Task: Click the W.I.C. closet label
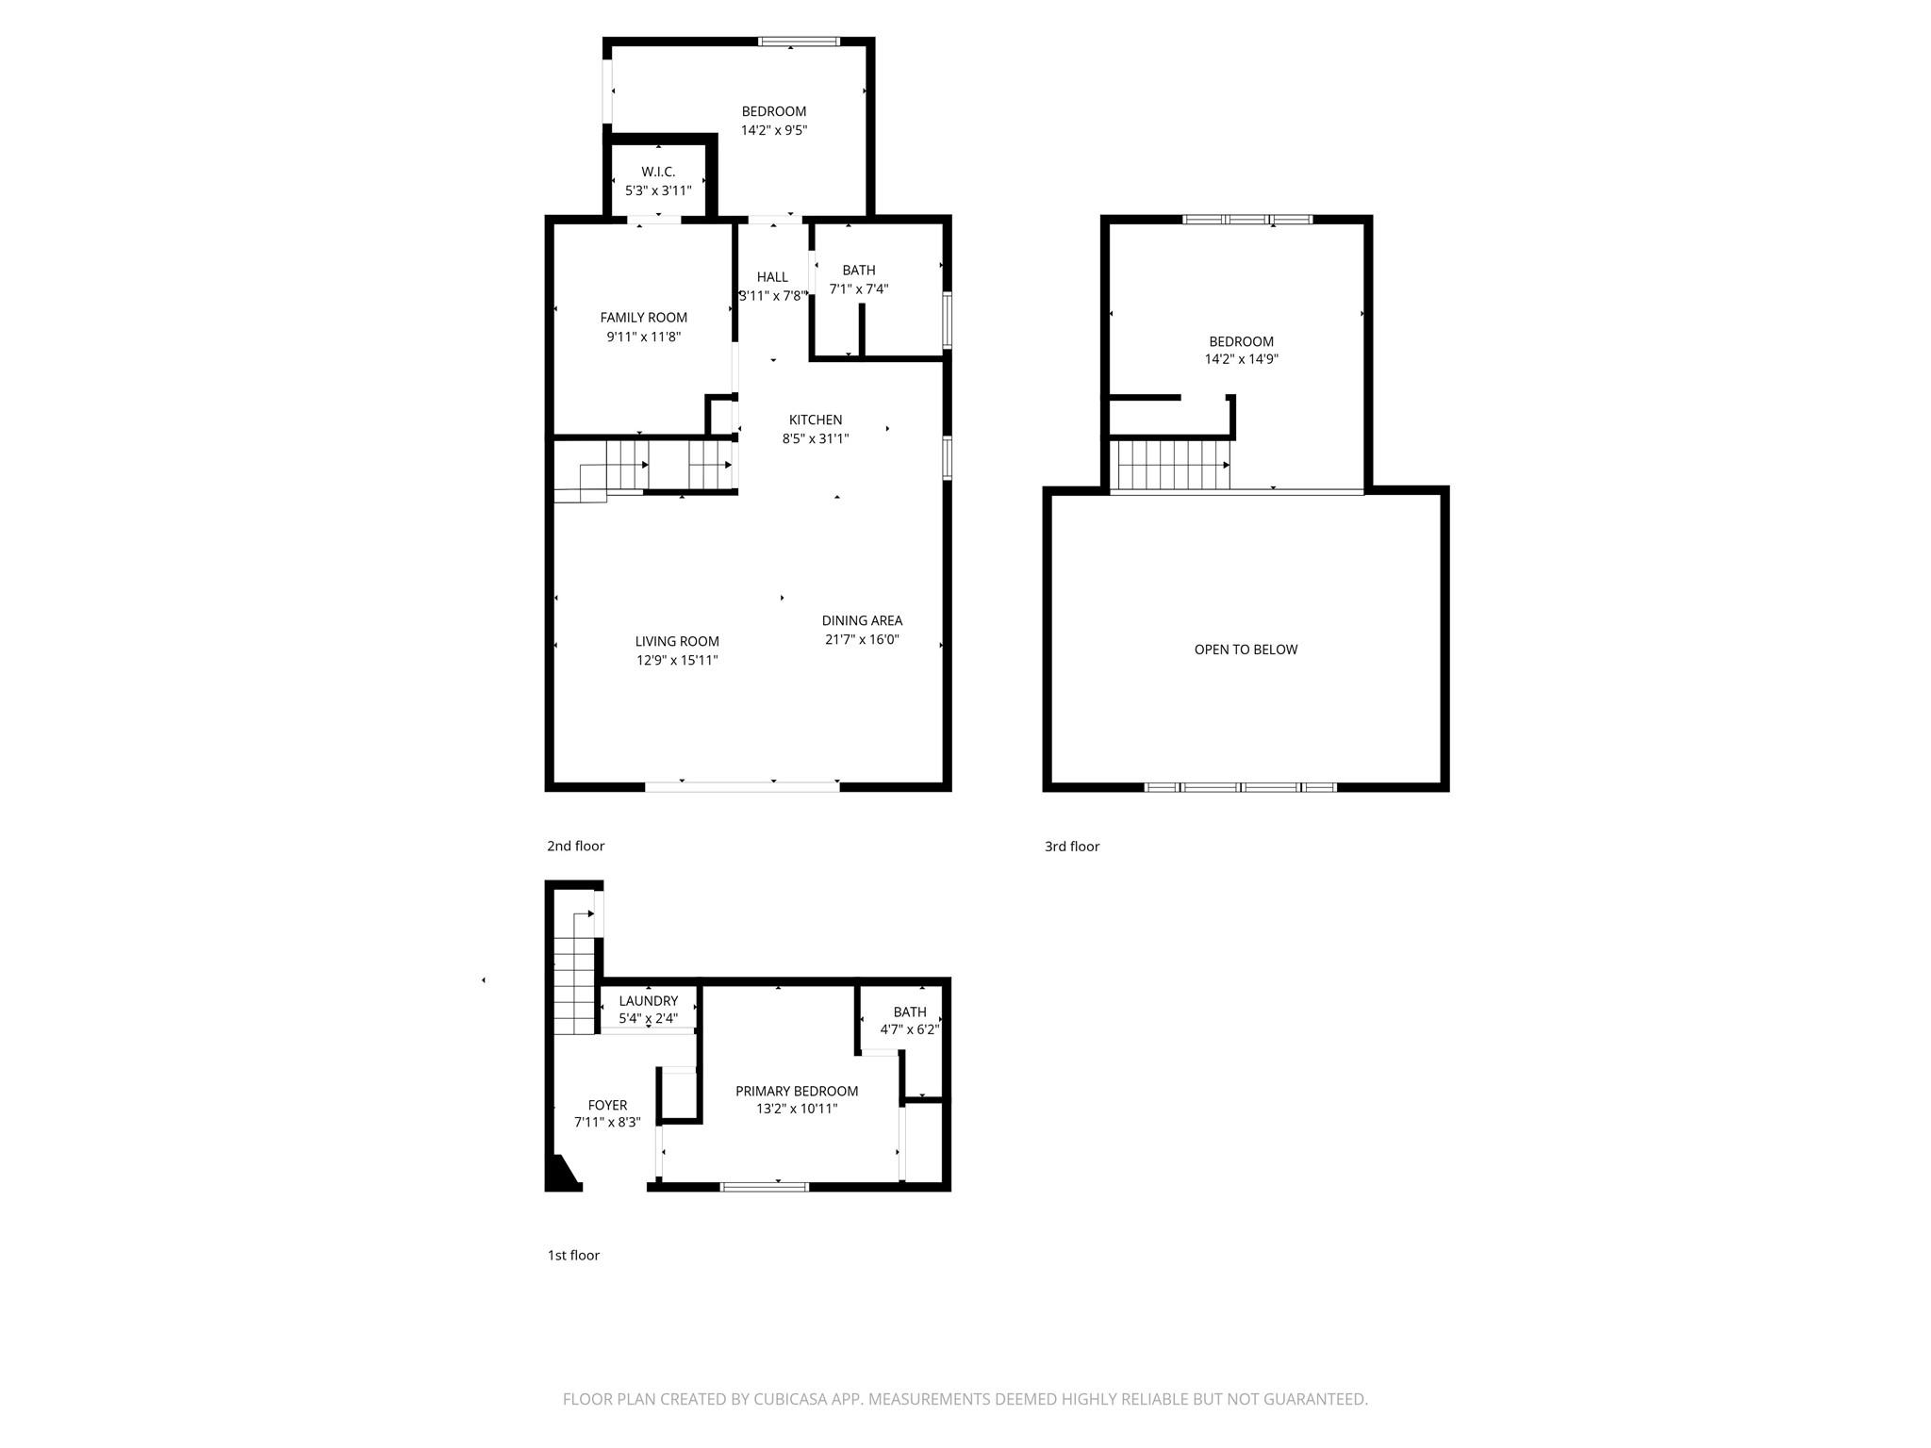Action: (x=658, y=172)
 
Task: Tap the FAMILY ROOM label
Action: (x=643, y=318)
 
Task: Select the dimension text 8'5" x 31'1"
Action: (x=815, y=438)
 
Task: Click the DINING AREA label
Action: (x=862, y=620)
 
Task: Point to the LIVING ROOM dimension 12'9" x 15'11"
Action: (x=677, y=660)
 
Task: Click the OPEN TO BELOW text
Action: (x=1246, y=650)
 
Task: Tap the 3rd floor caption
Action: (x=1072, y=847)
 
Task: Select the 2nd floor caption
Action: (x=575, y=846)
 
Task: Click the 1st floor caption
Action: (x=573, y=1255)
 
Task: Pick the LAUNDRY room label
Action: (x=648, y=1001)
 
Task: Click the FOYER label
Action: (x=607, y=1105)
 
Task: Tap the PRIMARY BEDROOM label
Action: (x=797, y=1091)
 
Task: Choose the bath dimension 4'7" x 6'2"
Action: (x=909, y=1029)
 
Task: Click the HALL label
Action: (x=772, y=277)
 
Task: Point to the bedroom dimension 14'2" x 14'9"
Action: (x=1241, y=359)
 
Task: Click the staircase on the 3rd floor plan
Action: (x=1172, y=466)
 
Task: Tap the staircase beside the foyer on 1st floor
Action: (x=575, y=980)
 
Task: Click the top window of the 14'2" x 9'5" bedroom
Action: (x=799, y=41)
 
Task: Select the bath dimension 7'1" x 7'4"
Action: (x=858, y=289)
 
